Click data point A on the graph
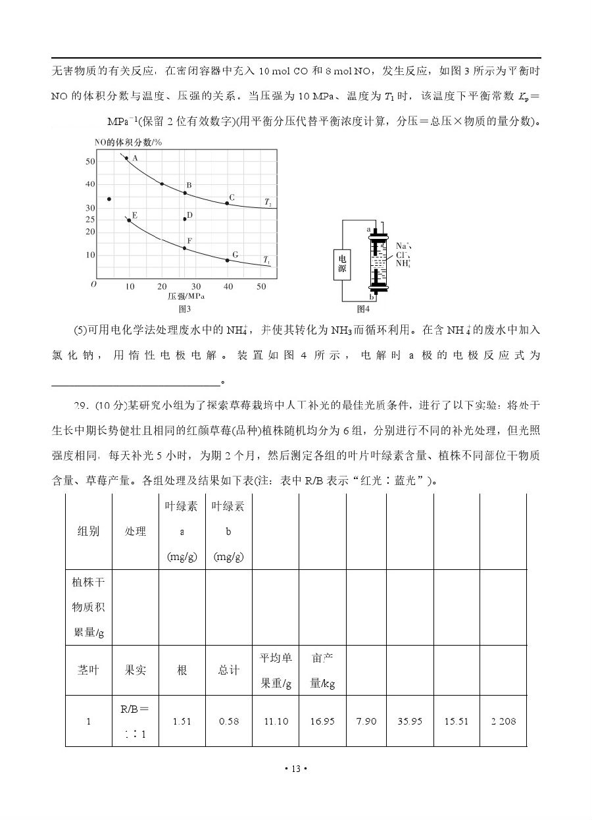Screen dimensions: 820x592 [127, 158]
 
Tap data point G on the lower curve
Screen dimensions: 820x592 [228, 260]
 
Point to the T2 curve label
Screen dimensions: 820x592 [268, 203]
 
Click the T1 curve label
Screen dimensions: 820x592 [266, 261]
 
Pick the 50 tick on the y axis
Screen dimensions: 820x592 [90, 162]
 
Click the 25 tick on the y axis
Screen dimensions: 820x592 [90, 220]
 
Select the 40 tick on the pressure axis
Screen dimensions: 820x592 [228, 287]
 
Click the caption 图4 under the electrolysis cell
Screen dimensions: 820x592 [363, 309]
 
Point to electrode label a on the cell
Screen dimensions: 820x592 [368, 229]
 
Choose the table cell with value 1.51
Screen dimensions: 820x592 [182, 721]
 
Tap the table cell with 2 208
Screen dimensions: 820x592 [503, 721]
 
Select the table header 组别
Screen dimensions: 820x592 [88, 531]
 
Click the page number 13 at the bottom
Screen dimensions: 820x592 [295, 769]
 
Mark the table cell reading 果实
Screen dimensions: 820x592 [136, 670]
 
